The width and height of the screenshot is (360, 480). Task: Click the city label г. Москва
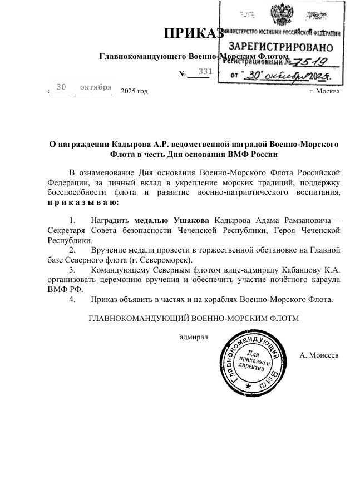click(324, 91)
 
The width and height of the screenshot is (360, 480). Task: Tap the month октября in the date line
click(96, 87)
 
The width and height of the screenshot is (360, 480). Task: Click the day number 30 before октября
click(61, 87)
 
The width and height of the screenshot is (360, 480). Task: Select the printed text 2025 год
click(134, 91)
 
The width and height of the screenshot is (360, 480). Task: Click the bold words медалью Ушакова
click(165, 220)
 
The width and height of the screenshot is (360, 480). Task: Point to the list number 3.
click(72, 270)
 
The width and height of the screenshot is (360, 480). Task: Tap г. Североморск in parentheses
click(164, 260)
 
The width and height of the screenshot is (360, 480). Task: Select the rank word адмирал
click(193, 337)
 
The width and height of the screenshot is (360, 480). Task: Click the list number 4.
click(72, 300)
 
